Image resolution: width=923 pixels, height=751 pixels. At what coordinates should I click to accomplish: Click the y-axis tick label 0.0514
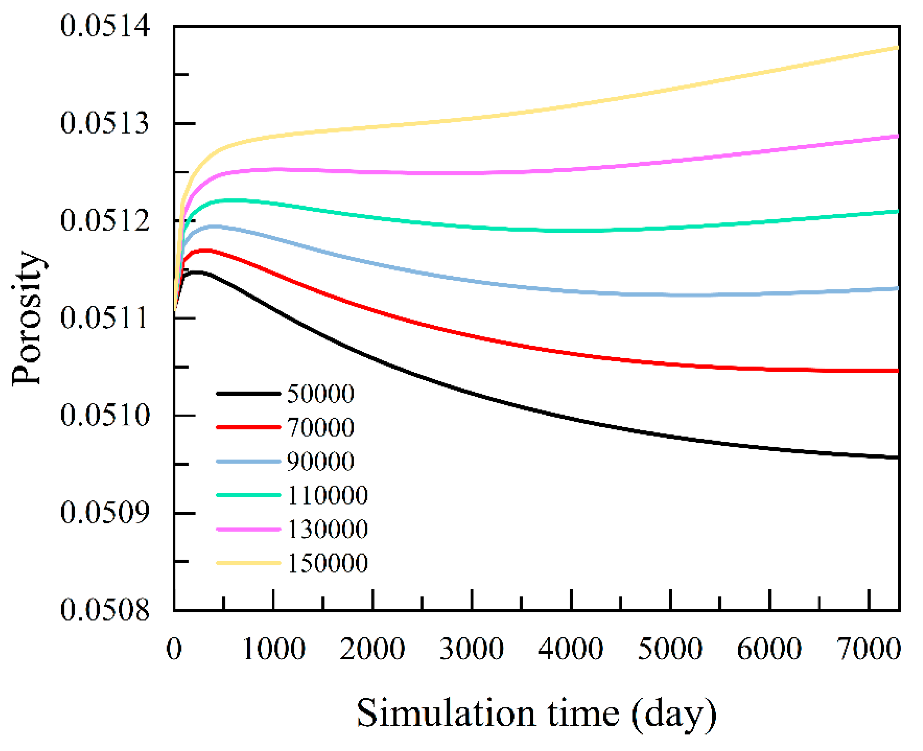tap(105, 26)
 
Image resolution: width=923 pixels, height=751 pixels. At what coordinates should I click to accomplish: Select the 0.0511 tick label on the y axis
tap(105, 318)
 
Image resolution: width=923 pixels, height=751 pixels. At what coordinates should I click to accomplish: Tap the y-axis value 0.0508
tap(105, 610)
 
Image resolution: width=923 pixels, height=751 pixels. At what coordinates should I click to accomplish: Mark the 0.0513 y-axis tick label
tap(105, 123)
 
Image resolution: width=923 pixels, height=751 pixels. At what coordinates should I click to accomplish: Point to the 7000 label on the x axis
tap(869, 649)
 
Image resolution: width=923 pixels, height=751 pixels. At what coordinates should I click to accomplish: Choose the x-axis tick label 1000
tap(273, 649)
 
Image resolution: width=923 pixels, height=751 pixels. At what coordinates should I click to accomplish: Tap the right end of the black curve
tap(897, 457)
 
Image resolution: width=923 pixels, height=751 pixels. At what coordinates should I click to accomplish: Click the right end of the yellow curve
tap(897, 47)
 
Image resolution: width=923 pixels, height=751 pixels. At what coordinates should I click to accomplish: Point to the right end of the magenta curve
tap(897, 136)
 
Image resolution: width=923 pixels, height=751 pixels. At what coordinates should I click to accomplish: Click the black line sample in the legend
tap(248, 393)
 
